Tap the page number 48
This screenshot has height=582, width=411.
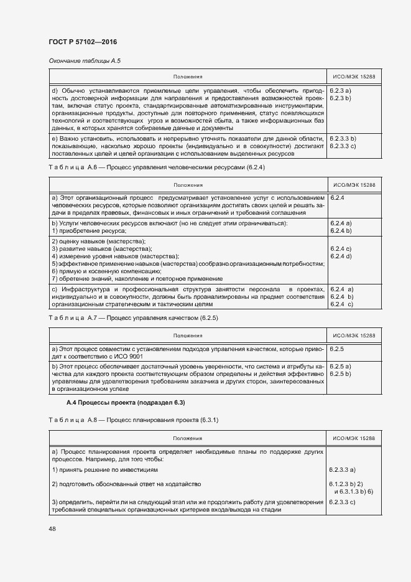[x=53, y=528]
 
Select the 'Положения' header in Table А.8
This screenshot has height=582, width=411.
[x=188, y=438]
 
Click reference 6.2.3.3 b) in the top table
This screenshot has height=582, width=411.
[x=343, y=138]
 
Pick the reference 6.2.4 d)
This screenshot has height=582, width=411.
[x=341, y=256]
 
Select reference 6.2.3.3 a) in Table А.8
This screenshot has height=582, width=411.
[x=343, y=469]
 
